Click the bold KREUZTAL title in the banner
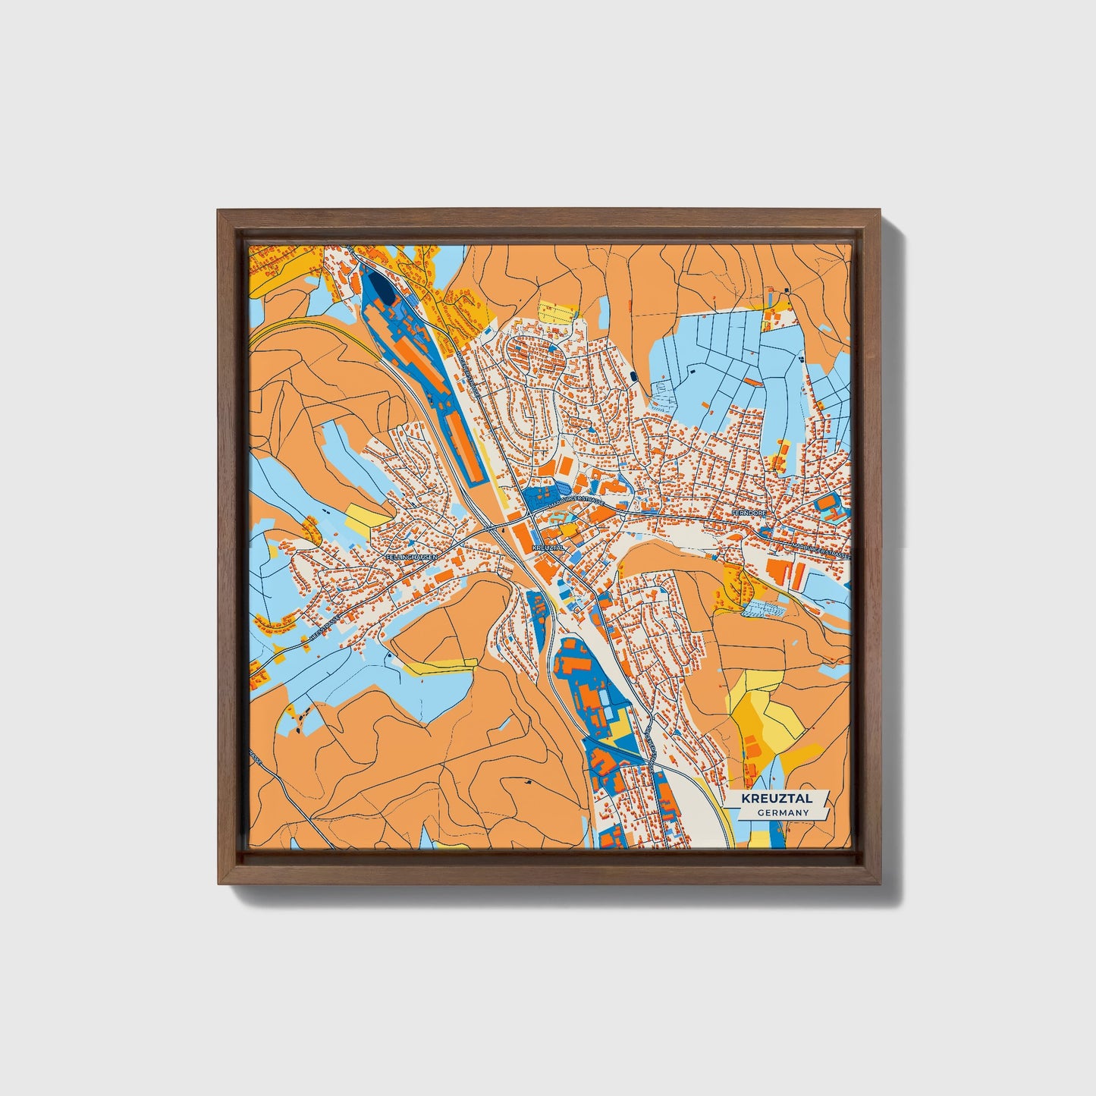click(776, 799)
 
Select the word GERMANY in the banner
click(783, 812)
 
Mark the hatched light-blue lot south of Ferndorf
click(766, 608)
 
